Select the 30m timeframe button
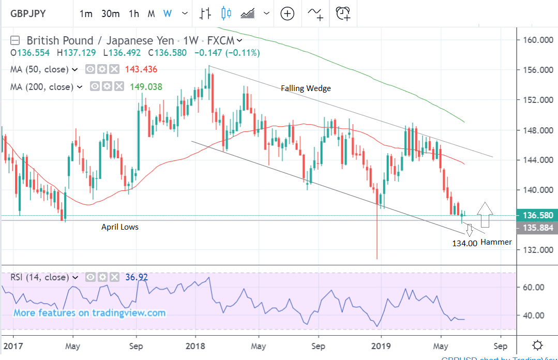click(111, 14)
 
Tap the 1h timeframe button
click(134, 14)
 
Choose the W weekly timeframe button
click(167, 14)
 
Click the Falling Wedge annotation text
click(306, 88)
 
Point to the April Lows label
click(120, 227)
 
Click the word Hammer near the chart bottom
click(496, 242)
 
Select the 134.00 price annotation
click(464, 243)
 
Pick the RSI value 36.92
click(137, 277)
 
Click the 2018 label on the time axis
click(196, 345)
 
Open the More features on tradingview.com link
click(89, 312)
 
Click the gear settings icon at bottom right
click(537, 345)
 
